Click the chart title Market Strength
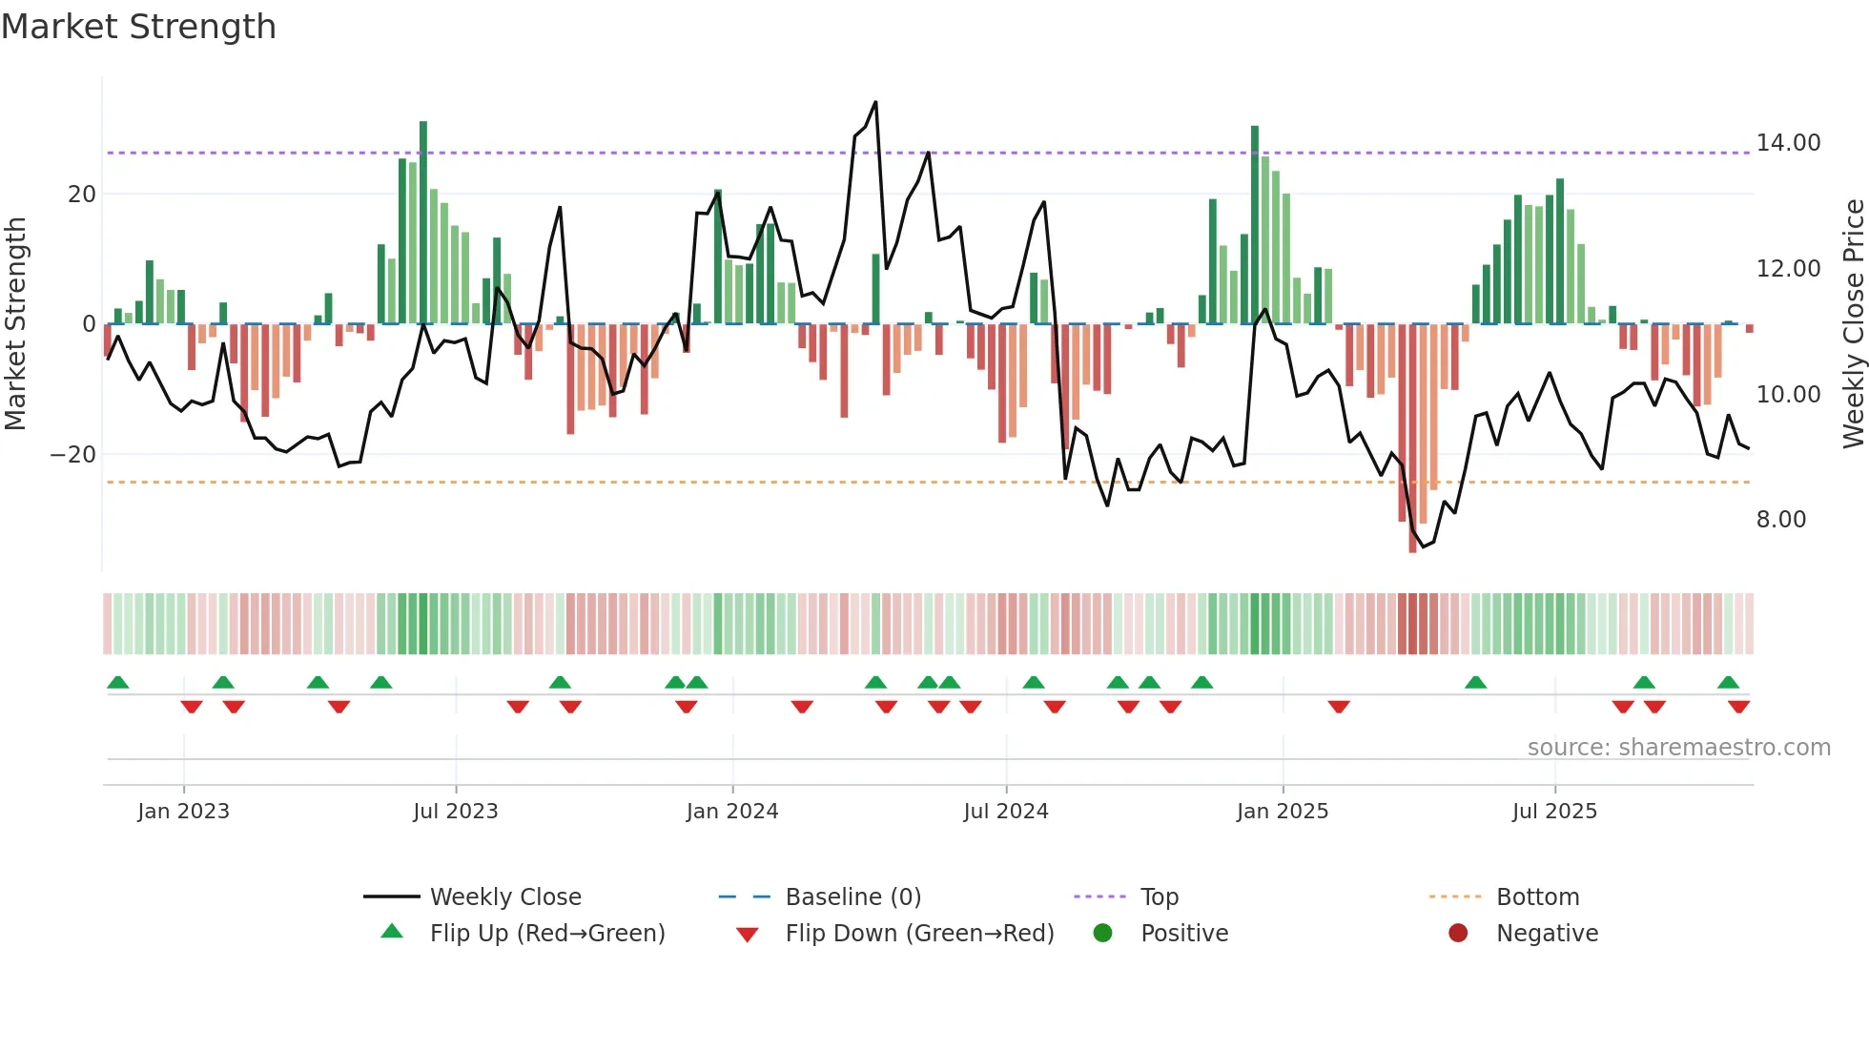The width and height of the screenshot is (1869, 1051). point(138,27)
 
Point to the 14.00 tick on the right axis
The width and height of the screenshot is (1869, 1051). point(1788,143)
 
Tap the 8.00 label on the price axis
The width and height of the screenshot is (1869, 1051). point(1780,520)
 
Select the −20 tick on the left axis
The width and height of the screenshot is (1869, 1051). point(72,455)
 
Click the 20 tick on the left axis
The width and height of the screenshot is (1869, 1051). point(81,195)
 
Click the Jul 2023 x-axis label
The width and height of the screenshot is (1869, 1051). point(455,812)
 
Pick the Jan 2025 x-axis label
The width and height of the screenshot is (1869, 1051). point(1282,812)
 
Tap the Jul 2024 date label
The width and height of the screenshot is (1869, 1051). point(1005,812)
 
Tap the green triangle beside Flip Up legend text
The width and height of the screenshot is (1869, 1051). point(392,932)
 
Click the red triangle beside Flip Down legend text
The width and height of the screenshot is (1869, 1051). point(748,935)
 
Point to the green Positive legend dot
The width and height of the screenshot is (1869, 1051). point(1102,933)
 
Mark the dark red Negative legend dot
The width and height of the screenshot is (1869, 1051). point(1457,933)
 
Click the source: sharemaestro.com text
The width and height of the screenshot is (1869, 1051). point(1678,748)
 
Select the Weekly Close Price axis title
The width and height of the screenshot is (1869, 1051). point(1853,324)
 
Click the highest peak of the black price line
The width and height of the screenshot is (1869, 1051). point(875,102)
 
